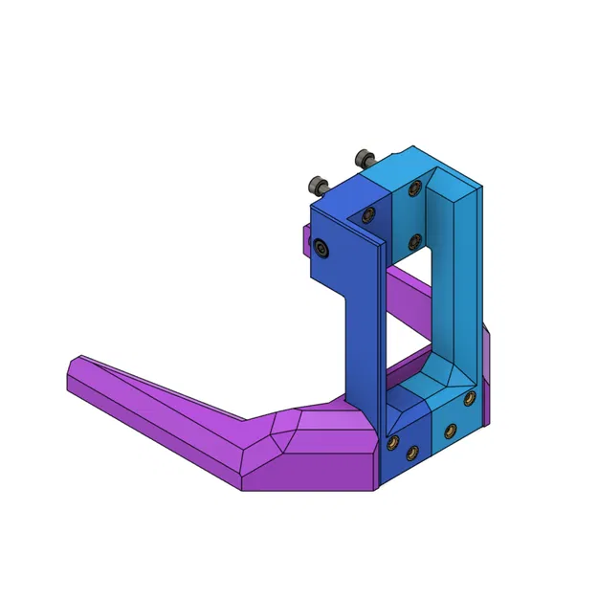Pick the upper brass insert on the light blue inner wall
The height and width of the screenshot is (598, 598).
click(413, 189)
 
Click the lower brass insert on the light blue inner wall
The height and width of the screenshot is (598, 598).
click(412, 240)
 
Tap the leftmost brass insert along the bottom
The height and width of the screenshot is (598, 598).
click(392, 441)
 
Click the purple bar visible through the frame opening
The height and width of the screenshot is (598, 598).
click(411, 306)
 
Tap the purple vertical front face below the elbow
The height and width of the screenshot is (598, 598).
click(306, 474)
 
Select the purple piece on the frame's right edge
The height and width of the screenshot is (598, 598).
click(488, 373)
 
